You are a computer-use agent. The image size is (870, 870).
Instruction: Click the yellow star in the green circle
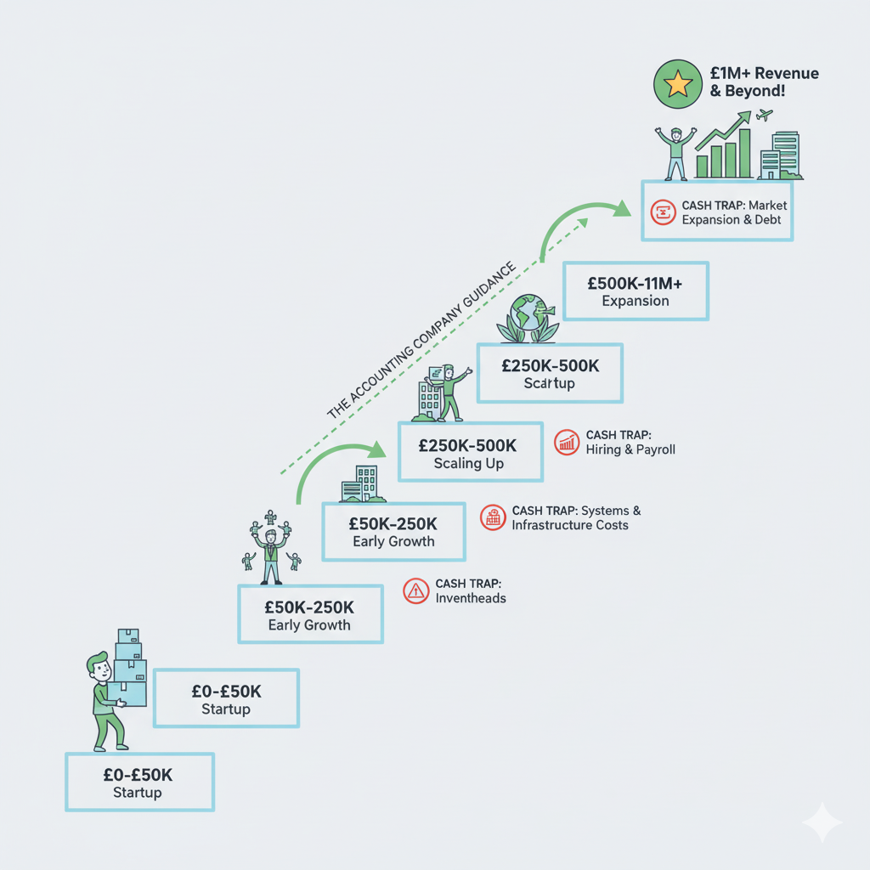pos(677,85)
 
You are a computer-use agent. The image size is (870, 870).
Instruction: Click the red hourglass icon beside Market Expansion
pos(662,212)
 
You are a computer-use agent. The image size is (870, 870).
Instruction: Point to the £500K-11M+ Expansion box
pos(636,291)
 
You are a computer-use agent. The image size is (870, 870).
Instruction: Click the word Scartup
pos(550,383)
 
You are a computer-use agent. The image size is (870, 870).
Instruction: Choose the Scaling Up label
pos(469,463)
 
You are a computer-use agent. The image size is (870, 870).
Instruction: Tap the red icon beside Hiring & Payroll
pos(567,442)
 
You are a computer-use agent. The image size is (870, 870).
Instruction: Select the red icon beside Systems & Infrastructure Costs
pos(493,517)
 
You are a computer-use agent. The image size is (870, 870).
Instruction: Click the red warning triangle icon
pos(416,590)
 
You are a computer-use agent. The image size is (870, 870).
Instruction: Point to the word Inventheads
pos(471,598)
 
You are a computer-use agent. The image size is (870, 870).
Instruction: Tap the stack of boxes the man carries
pos(129,667)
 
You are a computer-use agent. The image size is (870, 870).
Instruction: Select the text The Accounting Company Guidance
pos(422,341)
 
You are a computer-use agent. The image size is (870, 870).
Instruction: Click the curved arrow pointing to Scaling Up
pos(336,463)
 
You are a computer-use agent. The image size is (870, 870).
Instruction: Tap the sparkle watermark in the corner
pos(822,822)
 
